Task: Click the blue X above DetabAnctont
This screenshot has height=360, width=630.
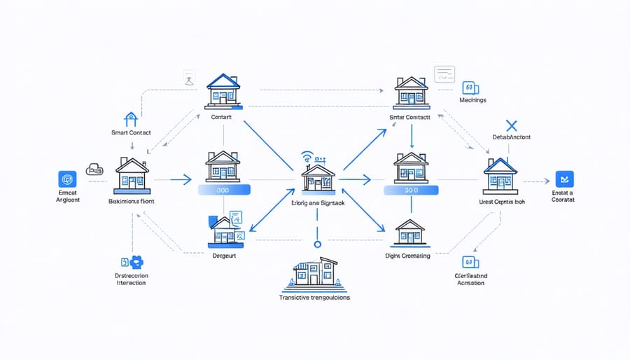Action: (x=510, y=126)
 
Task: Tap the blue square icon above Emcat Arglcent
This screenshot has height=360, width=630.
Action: (x=67, y=179)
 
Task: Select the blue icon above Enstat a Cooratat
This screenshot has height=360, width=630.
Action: (x=563, y=179)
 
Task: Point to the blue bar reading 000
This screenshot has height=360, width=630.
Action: (x=224, y=190)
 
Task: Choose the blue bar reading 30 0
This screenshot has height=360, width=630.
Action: (x=411, y=190)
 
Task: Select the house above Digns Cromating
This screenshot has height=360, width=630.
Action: (x=409, y=233)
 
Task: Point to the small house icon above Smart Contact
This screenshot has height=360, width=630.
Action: (x=131, y=119)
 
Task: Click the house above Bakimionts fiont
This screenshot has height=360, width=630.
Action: (x=132, y=175)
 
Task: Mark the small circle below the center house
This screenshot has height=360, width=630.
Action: (x=317, y=244)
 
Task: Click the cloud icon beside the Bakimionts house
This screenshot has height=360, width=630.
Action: (x=94, y=169)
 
